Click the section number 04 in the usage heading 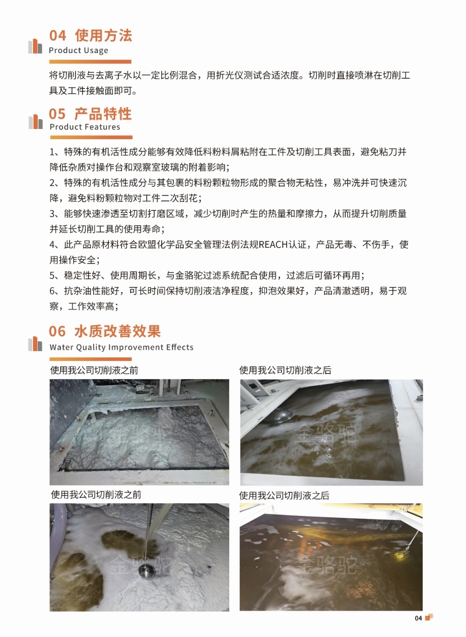click(57, 36)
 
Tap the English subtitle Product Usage click(79, 50)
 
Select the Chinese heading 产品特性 click(103, 114)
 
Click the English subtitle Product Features click(85, 127)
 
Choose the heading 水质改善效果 click(117, 331)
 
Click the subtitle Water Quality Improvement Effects click(121, 347)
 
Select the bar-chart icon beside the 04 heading click(35, 46)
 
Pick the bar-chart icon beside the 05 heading click(35, 122)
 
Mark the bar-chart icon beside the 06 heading click(35, 344)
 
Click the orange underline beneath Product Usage click(90, 62)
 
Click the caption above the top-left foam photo click(94, 370)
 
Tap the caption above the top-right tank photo click(285, 370)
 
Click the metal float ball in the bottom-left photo click(147, 569)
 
